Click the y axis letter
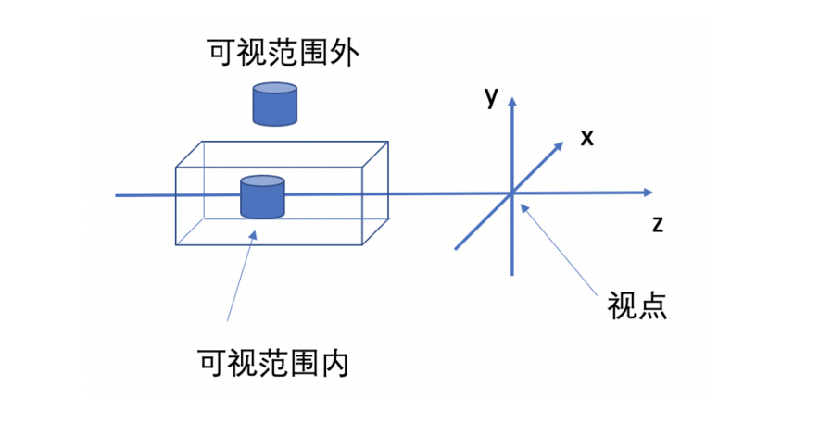tap(492, 95)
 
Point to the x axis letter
tap(586, 138)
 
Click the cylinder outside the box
tap(276, 105)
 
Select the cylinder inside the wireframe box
tap(261, 196)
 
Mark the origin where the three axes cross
tap(511, 193)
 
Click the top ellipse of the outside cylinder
tap(276, 89)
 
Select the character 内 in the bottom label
tap(334, 362)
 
